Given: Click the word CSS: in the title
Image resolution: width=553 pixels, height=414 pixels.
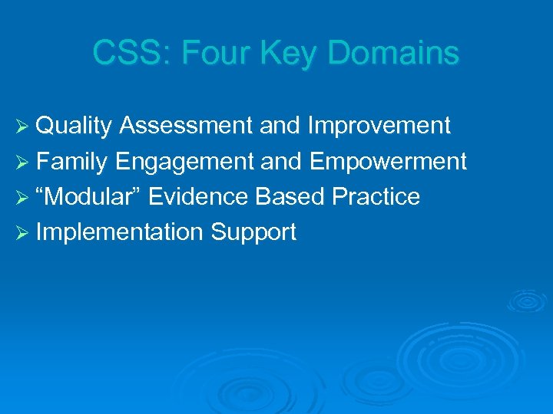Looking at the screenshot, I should coord(124,54).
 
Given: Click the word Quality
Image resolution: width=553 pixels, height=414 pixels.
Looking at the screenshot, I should coord(75,126).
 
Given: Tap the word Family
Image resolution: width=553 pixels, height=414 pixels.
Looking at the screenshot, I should coord(73,162).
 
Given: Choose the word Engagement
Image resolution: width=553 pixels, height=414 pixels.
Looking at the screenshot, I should coord(185,162).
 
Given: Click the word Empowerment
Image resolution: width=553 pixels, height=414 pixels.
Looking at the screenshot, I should coord(388,162).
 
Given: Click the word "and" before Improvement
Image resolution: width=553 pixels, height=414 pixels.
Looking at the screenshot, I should coord(280,126).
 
